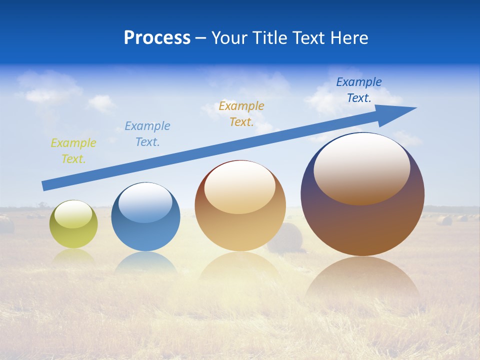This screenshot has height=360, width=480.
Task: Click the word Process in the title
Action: (x=157, y=38)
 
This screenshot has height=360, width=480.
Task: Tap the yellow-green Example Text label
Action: (x=73, y=151)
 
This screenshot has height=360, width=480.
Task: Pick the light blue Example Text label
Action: (x=147, y=134)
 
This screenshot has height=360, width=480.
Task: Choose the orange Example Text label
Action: (x=241, y=114)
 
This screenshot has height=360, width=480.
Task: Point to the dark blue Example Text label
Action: (x=359, y=90)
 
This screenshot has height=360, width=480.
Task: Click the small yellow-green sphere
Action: (x=73, y=232)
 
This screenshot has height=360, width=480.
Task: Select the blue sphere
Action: (x=145, y=230)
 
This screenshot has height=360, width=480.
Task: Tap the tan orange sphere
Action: (x=240, y=225)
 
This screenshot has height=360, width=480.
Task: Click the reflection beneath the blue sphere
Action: (x=145, y=262)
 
